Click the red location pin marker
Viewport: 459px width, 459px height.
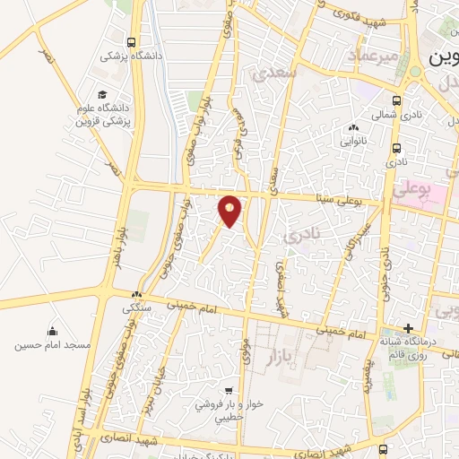[x=230, y=211]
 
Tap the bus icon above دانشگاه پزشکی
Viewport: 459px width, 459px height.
[x=133, y=42]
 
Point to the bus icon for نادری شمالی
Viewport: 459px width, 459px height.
[x=396, y=100]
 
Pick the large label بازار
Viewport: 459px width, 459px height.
[x=280, y=359]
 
